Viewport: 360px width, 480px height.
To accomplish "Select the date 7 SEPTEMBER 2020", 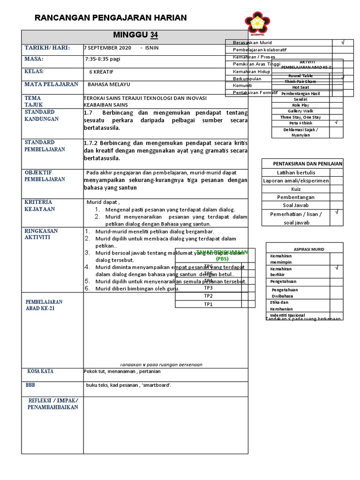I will (107, 48).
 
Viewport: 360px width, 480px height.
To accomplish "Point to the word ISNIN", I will (151, 48).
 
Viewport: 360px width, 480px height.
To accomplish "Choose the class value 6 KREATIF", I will (101, 72).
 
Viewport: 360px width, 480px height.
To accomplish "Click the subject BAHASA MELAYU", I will (109, 84).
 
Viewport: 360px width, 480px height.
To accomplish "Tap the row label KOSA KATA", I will (40, 371).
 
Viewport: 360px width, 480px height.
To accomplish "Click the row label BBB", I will (30, 385).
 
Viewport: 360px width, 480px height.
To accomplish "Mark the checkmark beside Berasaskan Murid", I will (343, 43).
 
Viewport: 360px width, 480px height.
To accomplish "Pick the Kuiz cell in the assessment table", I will (296, 189).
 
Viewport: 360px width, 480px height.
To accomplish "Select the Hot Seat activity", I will (300, 87).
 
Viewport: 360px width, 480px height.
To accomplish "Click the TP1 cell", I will (208, 304).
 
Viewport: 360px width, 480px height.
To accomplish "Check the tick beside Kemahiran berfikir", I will (336, 268).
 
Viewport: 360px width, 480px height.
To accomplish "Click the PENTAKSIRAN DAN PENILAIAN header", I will (307, 164).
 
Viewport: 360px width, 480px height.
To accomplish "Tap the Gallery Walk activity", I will (300, 111).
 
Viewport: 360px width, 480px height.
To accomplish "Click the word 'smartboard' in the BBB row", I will (157, 385).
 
